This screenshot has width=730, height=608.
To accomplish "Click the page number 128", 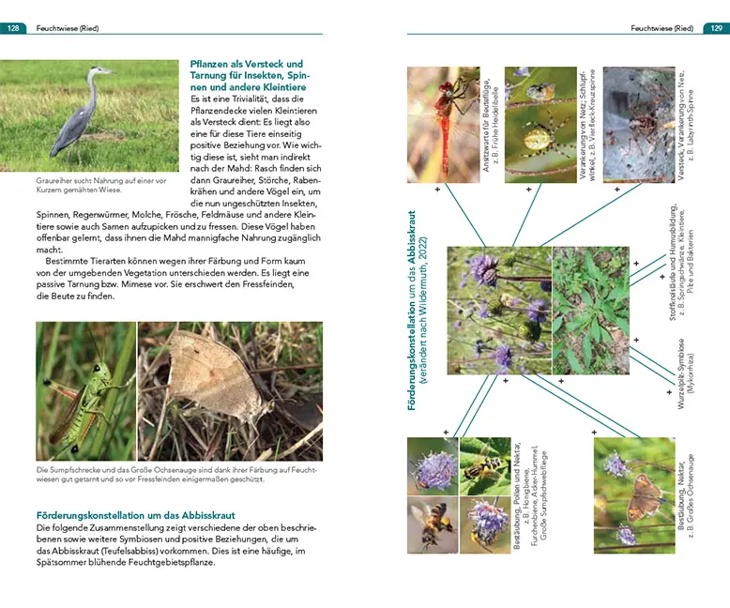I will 14,28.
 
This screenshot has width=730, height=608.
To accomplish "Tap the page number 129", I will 714,28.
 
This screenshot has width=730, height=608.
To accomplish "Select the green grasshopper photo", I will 85,390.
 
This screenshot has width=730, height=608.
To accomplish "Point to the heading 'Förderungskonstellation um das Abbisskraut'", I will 135,515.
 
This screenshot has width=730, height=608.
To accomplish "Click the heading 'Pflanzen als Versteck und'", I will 247,64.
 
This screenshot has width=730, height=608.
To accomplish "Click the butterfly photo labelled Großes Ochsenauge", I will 633,493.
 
